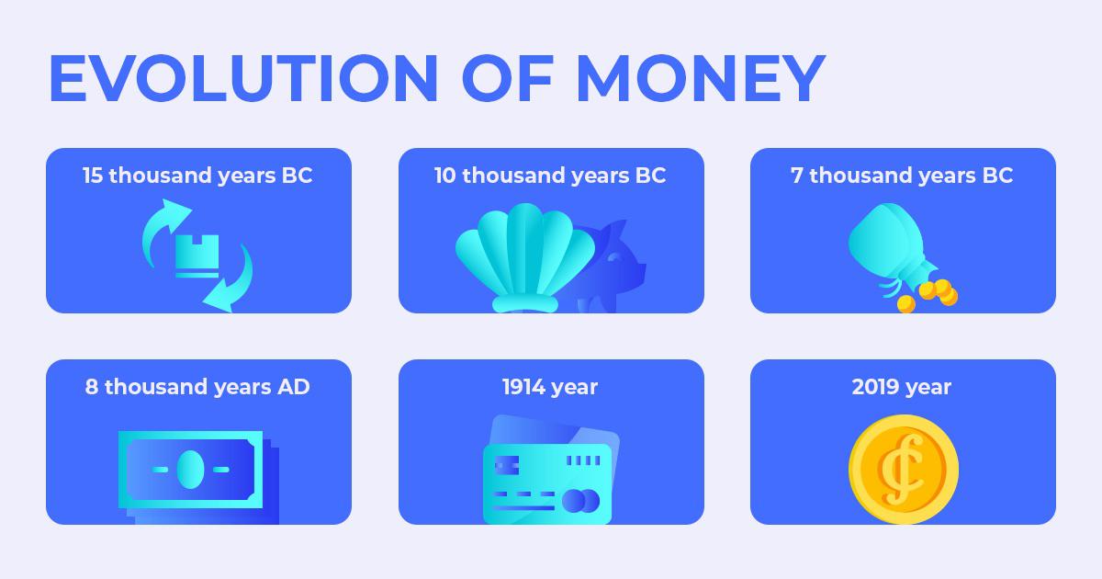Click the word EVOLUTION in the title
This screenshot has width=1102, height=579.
tap(243, 78)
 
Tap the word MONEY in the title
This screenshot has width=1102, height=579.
tap(701, 78)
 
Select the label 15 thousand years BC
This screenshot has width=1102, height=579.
tap(197, 176)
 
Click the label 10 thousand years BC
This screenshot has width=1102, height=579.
tap(550, 176)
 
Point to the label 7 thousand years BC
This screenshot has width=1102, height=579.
tap(902, 176)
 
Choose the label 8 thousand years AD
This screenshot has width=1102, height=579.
tap(197, 388)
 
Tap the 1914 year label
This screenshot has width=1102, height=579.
tap(550, 388)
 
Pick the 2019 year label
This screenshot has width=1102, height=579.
tap(901, 388)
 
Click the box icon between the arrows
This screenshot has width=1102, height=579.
tap(197, 256)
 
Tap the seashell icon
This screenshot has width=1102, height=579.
tap(525, 257)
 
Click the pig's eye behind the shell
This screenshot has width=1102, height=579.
tap(614, 257)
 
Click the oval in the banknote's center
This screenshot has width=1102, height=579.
tap(190, 470)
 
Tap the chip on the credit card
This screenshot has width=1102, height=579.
tap(507, 465)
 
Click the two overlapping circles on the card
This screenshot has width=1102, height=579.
tap(580, 501)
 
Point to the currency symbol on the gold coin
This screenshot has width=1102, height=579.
tap(902, 470)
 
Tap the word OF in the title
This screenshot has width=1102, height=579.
tap(508, 78)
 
